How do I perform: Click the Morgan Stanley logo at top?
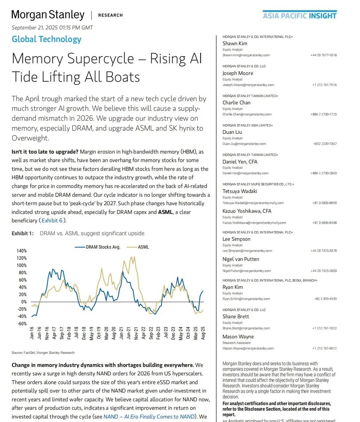[48, 15]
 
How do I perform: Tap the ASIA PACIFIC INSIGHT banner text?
[299, 15]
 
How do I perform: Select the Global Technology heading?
[46, 39]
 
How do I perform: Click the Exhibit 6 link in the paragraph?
[53, 220]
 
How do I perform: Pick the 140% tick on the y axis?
[21, 251]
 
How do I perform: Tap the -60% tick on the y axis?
[21, 324]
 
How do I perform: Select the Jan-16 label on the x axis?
[32, 333]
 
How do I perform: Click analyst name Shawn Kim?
[235, 44]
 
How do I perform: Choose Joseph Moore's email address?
[248, 85]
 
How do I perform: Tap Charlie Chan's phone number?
[323, 114]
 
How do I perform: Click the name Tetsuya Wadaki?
[240, 191]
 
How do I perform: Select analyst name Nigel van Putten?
[241, 259]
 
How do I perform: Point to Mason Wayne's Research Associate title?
[236, 343]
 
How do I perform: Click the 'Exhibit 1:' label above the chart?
[23, 234]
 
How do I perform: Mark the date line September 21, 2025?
[52, 27]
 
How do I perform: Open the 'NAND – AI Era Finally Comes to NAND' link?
[149, 416]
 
